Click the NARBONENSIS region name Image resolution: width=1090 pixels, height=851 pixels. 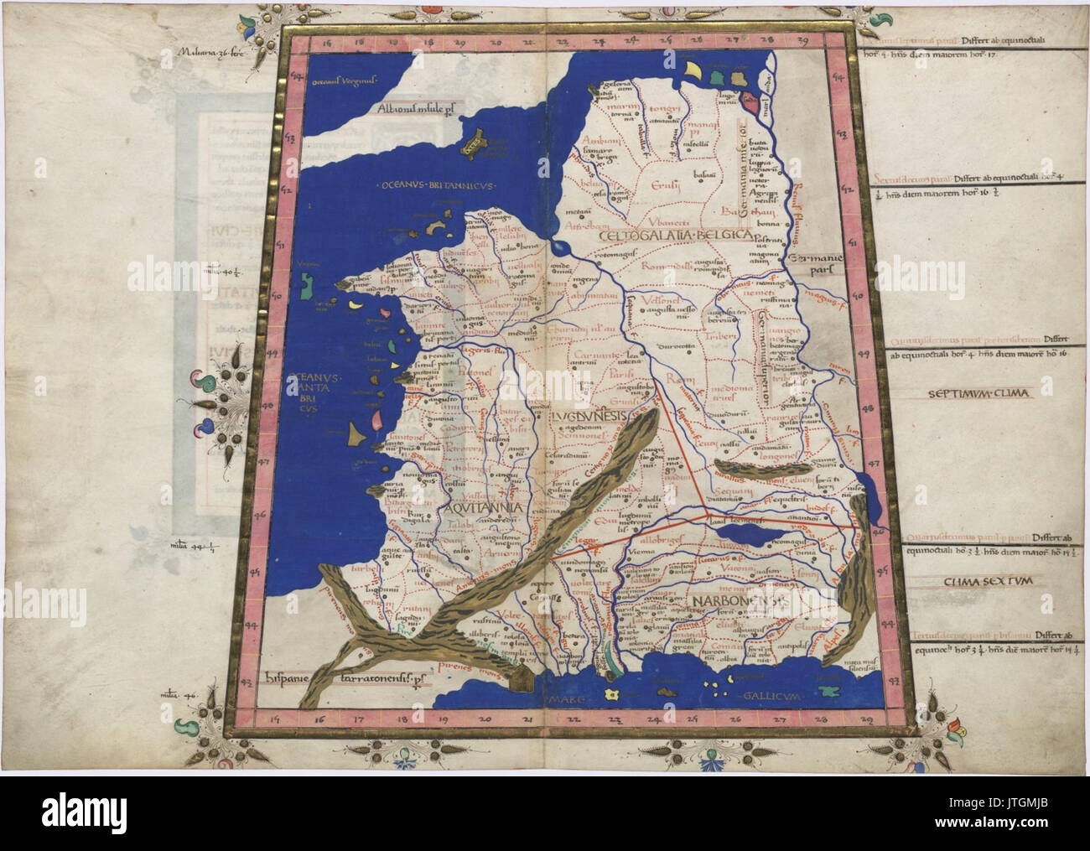click(x=738, y=601)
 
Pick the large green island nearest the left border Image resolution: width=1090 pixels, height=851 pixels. click(x=305, y=285)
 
